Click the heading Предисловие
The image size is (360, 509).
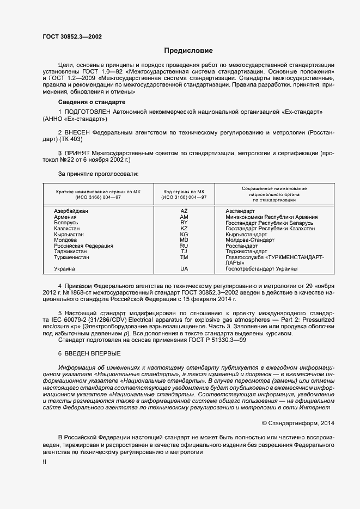188,51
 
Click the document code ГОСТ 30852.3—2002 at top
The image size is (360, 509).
72,37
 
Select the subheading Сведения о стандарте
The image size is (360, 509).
91,102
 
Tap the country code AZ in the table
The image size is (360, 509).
184,211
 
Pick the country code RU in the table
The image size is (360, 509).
184,246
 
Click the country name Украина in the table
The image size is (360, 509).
65,269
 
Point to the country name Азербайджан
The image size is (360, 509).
72,211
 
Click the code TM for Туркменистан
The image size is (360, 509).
184,257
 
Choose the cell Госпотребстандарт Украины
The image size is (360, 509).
261,269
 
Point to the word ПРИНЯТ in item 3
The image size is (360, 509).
78,154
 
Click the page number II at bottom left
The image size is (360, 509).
45,462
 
